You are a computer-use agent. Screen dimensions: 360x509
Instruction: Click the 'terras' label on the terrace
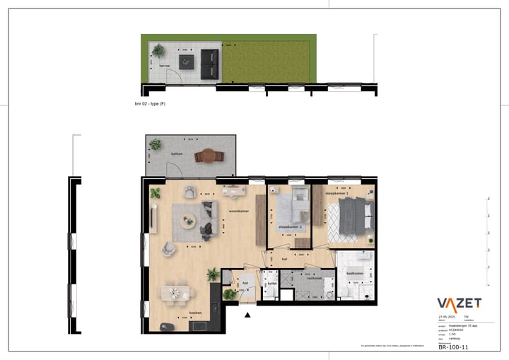click(x=165, y=65)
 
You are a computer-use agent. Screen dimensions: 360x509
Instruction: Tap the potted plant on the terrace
click(x=158, y=50)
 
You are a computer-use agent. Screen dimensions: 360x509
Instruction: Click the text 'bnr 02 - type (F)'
click(x=150, y=104)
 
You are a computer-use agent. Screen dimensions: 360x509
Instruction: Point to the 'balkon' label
click(x=176, y=153)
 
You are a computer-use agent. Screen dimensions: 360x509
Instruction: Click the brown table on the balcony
click(x=209, y=155)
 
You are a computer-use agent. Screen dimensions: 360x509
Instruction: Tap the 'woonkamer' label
click(x=238, y=211)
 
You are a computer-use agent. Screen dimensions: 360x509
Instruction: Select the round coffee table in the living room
click(x=188, y=221)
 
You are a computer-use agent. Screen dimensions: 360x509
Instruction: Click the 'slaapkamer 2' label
click(x=291, y=226)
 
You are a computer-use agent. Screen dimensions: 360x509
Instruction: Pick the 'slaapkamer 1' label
click(x=337, y=192)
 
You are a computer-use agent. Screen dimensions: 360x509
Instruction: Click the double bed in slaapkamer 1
click(x=353, y=216)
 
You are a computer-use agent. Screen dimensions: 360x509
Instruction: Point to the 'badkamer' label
click(x=355, y=273)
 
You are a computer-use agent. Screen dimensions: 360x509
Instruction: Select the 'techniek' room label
click(x=315, y=278)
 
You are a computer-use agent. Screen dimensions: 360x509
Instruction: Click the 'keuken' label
click(x=196, y=313)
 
